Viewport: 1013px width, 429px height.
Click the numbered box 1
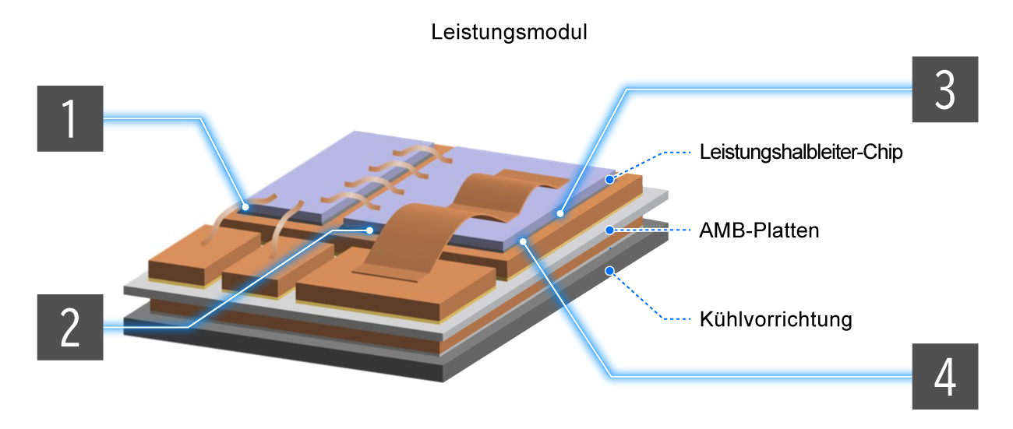tap(70, 119)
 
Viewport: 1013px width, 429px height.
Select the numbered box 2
tap(70, 327)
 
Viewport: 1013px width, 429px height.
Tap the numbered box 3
tap(945, 89)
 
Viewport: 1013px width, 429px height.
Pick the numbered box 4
tap(945, 376)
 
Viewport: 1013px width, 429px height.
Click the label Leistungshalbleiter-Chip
tap(800, 153)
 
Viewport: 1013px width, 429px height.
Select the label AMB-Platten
tap(759, 231)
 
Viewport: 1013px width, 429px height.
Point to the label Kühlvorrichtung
tap(775, 319)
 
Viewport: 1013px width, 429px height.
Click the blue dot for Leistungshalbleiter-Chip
tap(610, 179)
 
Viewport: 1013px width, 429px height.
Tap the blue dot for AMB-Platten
tap(610, 230)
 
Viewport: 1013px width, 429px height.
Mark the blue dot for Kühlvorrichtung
tap(610, 271)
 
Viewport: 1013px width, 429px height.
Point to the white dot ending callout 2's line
tap(369, 230)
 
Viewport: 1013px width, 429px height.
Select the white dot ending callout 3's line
tap(559, 211)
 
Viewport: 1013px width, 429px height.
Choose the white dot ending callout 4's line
tap(524, 241)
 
